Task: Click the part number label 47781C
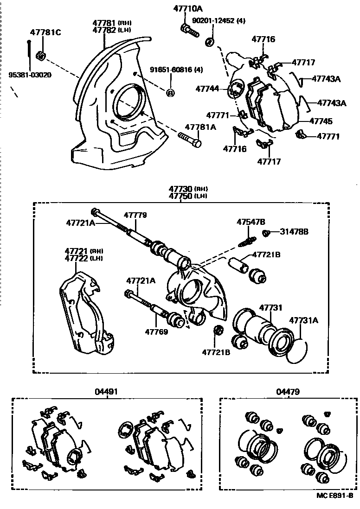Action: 45,32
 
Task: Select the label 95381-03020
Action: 29,75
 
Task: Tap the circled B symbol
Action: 170,92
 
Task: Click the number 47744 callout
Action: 207,88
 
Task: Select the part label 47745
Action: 321,121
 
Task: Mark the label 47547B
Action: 251,222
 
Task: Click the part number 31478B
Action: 294,231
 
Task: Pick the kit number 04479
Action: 288,392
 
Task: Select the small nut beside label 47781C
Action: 40,56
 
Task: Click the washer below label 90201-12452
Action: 209,42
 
